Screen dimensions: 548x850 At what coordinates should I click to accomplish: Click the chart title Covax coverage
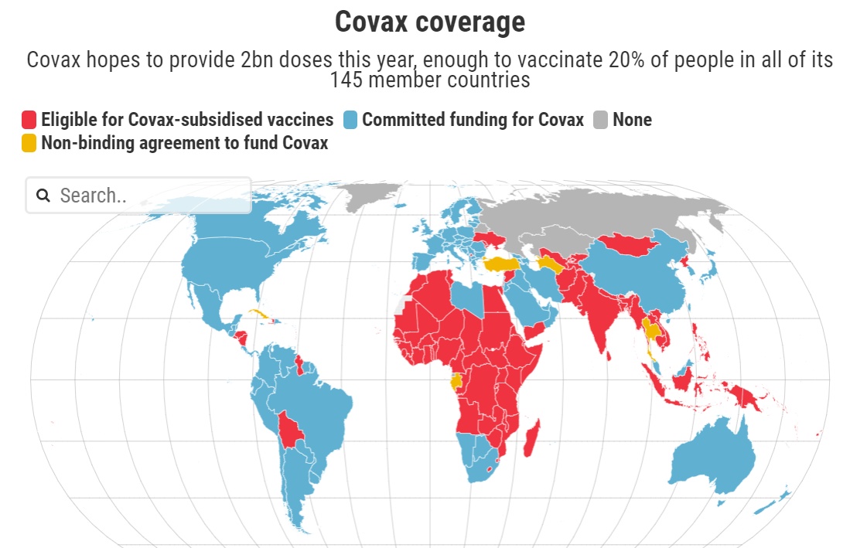click(429, 22)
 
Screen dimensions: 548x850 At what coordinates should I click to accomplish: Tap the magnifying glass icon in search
click(43, 196)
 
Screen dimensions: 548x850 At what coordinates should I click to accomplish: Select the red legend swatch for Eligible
click(29, 120)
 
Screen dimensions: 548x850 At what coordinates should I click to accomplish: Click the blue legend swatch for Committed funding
click(350, 120)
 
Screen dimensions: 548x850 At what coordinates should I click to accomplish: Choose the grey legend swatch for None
click(601, 120)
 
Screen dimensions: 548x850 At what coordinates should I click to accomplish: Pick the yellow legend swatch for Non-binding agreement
click(29, 143)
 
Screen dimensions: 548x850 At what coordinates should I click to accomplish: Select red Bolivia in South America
click(290, 429)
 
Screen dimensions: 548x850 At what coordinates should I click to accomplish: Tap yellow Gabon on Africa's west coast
click(456, 380)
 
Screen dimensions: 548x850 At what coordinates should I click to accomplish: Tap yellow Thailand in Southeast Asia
click(652, 331)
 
